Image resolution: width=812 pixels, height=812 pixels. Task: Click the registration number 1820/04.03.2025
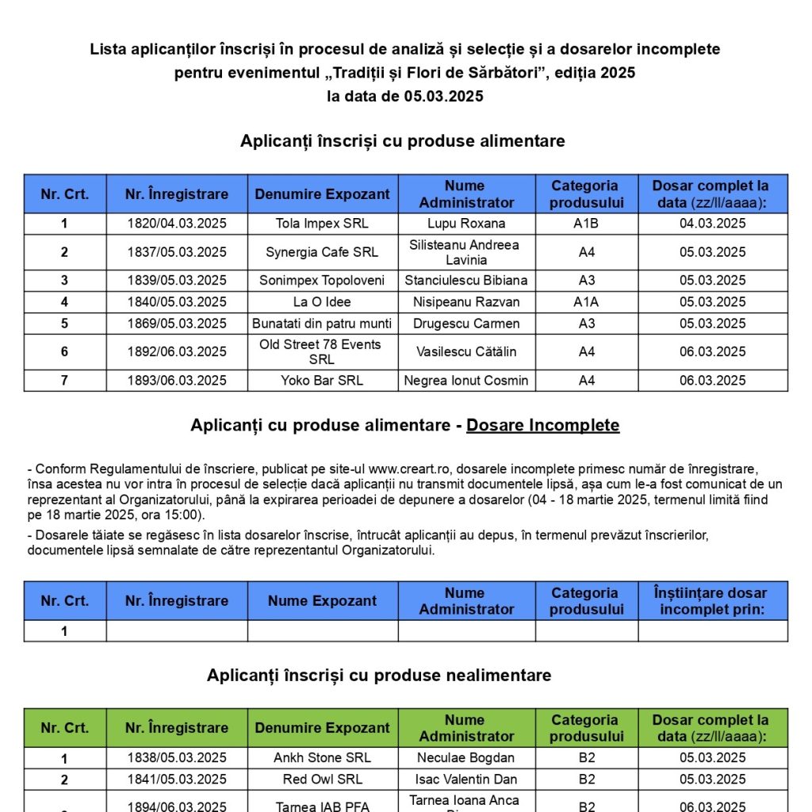coord(177,224)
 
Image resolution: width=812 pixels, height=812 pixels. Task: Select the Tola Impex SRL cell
coord(322,224)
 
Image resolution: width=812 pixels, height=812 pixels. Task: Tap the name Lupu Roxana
coord(466,224)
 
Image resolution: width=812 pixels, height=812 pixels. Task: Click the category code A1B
coord(586,224)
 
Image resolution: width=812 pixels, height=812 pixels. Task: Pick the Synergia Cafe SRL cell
coord(322,252)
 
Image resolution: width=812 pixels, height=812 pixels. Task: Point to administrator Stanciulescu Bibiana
coord(466,281)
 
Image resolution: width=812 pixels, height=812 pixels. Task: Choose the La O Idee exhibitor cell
coord(322,302)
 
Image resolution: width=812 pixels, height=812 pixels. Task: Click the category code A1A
coord(586,302)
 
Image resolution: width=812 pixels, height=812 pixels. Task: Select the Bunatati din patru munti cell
coord(322,324)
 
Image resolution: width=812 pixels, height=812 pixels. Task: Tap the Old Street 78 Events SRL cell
coord(322,352)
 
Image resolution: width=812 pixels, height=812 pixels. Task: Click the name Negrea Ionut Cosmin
coord(466,381)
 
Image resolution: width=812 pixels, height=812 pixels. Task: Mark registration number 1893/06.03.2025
coord(177,381)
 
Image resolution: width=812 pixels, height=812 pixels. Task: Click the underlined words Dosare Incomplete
coord(542,426)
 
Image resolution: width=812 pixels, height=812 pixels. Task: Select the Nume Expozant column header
coord(322,601)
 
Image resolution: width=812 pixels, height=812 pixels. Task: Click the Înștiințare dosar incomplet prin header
coord(712,601)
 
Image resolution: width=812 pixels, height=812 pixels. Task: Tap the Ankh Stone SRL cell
coord(322,758)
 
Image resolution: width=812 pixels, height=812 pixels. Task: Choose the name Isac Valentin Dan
coord(466,779)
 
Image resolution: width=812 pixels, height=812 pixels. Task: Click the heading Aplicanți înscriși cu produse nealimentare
coord(379,676)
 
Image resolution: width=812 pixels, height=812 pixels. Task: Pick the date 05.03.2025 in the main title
coord(443,97)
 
